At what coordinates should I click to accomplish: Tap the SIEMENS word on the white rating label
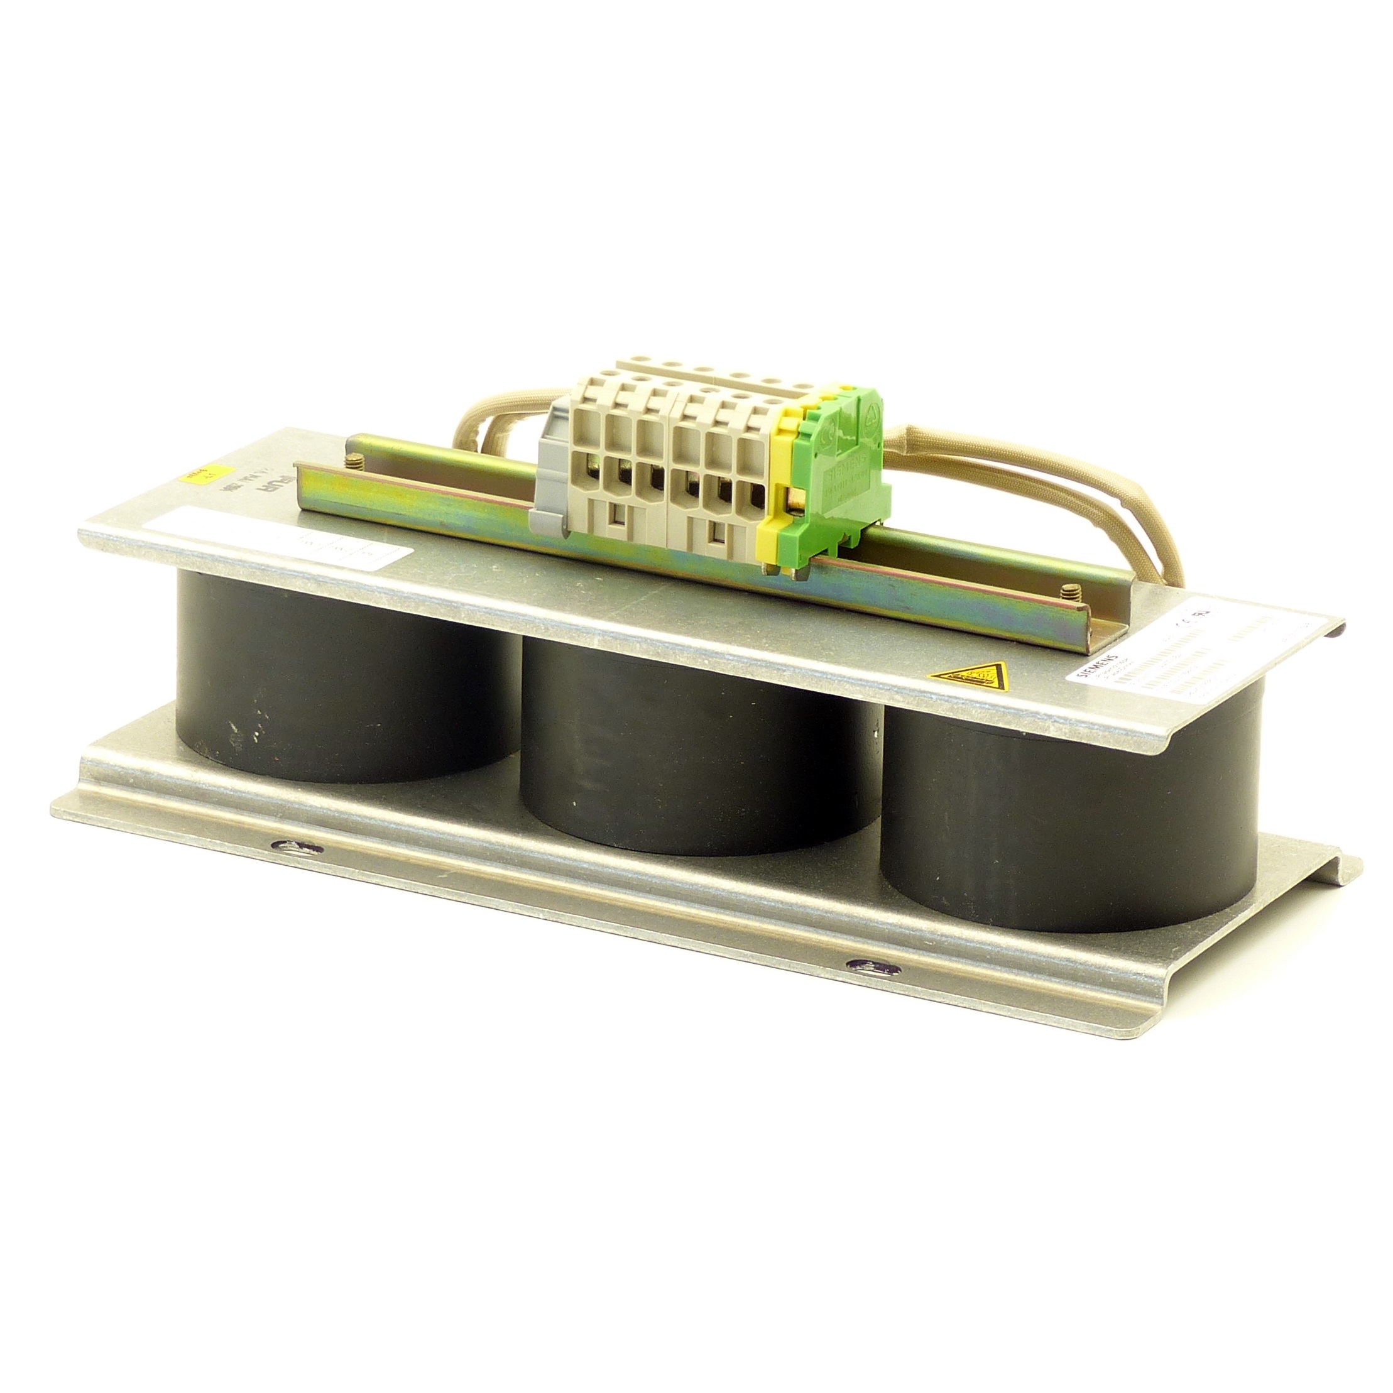click(x=1092, y=666)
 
